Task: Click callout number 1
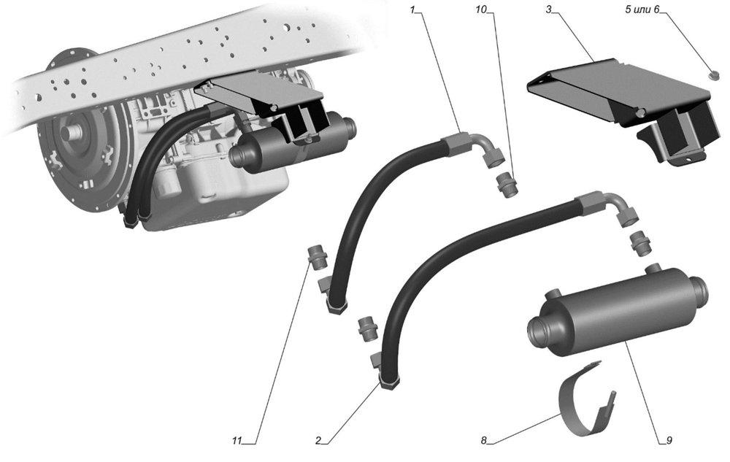412,9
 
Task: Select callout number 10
480,9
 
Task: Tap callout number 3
549,9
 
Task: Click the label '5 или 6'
642,9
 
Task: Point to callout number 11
237,440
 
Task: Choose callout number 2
318,440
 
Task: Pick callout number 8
484,440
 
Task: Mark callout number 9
669,440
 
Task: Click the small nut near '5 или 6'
711,74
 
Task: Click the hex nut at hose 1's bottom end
337,307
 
